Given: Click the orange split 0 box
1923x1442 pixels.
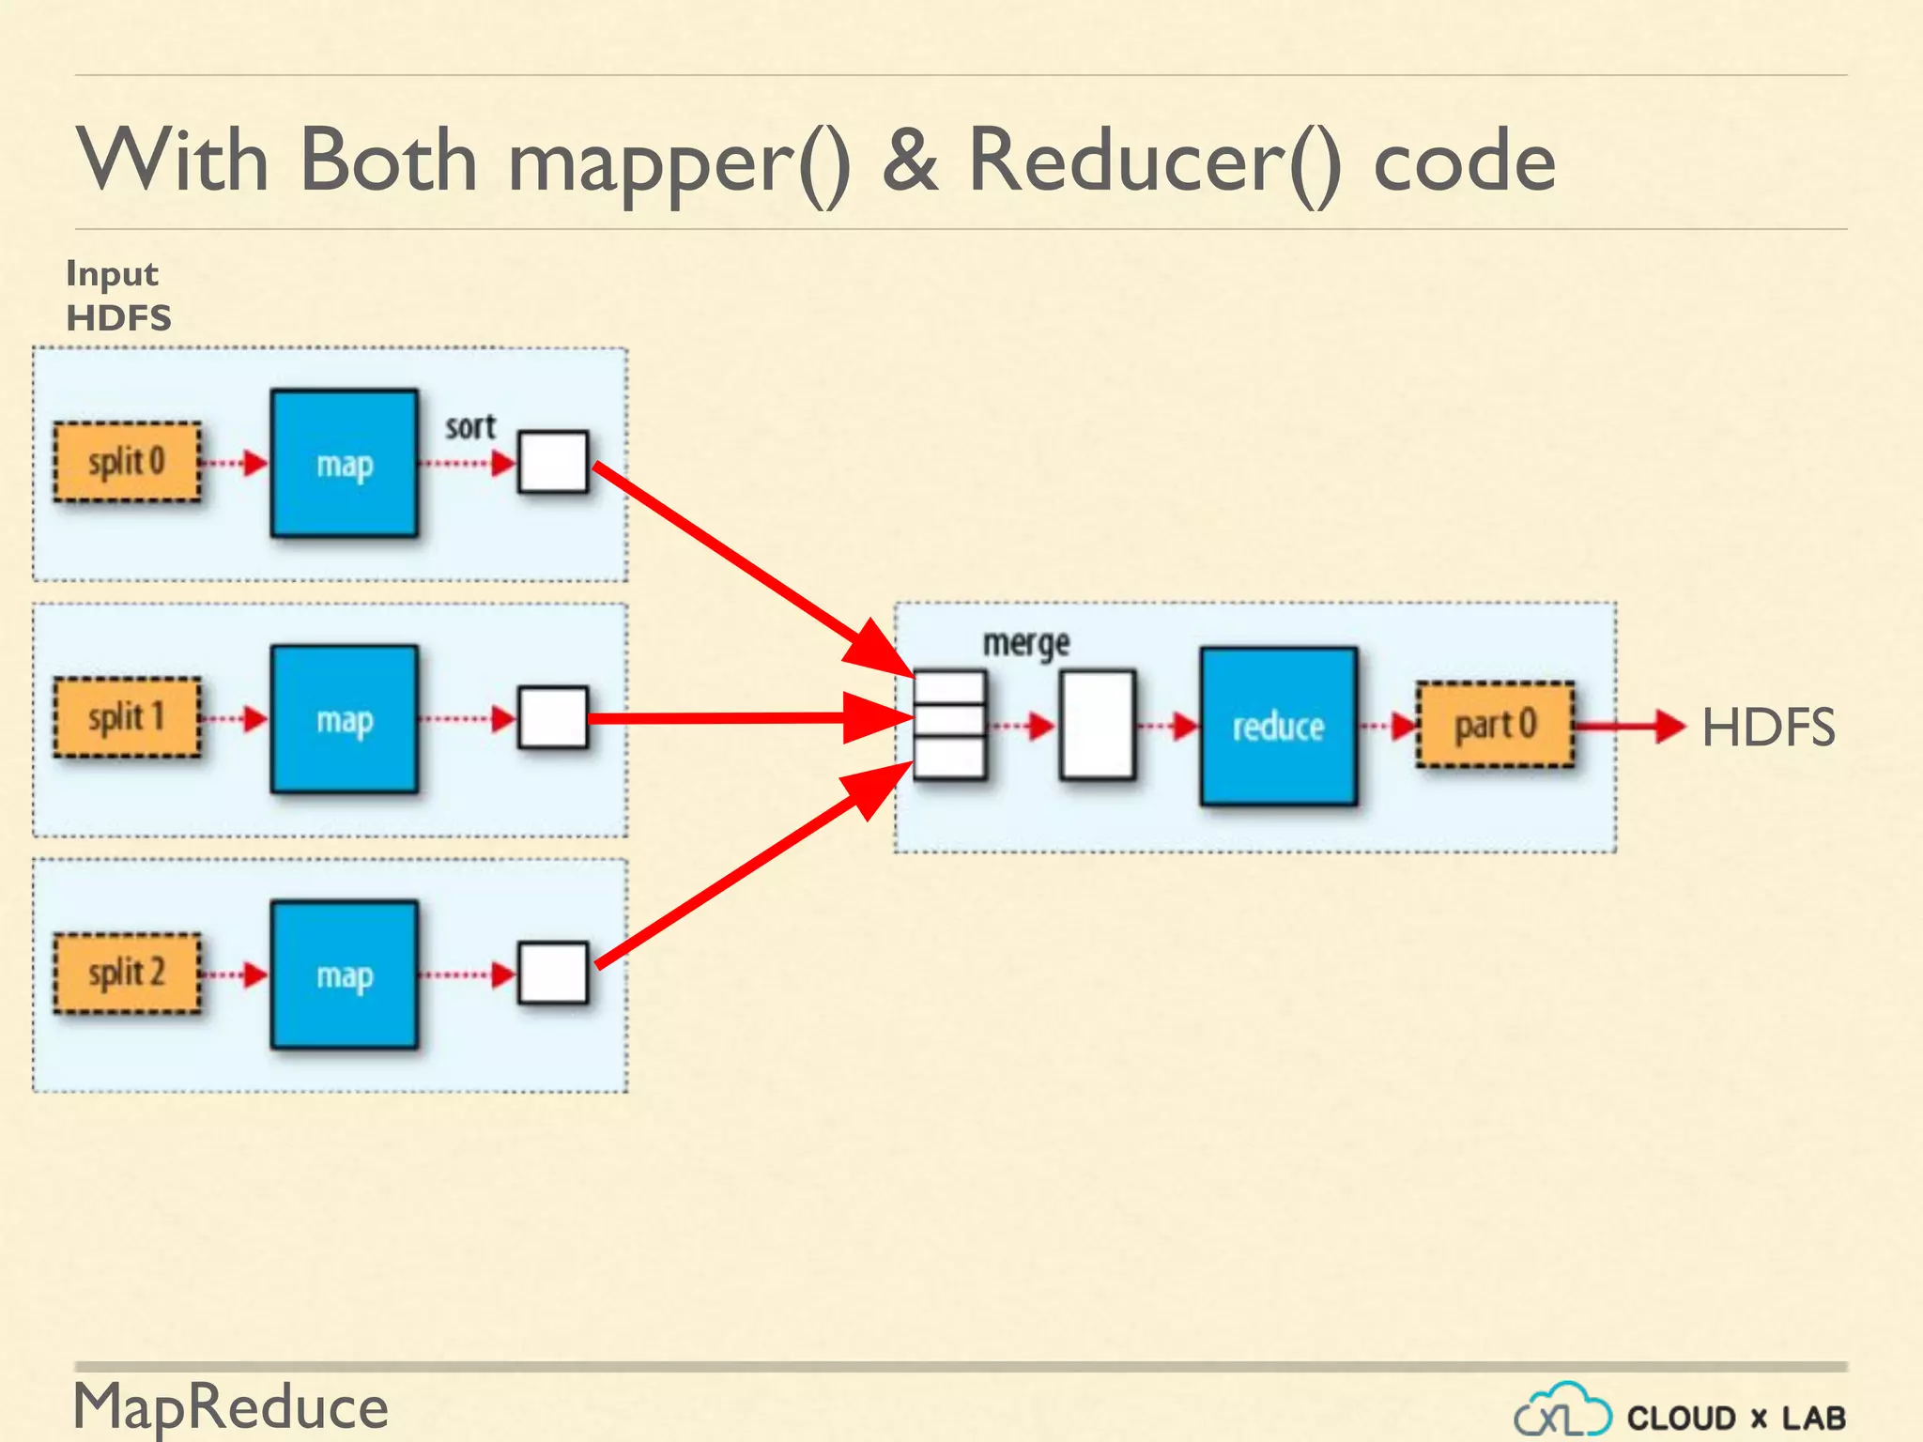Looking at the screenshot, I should click(127, 462).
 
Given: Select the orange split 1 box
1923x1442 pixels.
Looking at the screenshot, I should click(127, 718).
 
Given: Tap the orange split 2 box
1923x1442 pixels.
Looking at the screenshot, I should click(127, 974).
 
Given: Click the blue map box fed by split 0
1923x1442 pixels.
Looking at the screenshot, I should click(345, 464).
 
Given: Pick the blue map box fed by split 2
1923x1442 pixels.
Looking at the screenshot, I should click(345, 975).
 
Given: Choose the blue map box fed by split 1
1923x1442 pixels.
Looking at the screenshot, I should click(345, 720).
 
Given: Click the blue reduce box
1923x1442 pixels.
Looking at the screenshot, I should click(1278, 726).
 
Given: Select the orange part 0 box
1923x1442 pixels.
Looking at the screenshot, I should click(1495, 725).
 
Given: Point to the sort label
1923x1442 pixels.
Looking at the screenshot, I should click(469, 427).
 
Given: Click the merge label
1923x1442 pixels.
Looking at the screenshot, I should click(1025, 644).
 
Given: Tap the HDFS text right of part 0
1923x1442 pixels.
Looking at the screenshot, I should click(1767, 728).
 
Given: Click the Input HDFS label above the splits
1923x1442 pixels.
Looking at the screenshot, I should click(118, 296).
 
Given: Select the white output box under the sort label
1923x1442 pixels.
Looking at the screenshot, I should click(553, 462).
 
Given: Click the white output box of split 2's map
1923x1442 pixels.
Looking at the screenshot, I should click(553, 974).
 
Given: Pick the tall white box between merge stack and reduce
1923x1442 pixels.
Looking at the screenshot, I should click(1097, 725).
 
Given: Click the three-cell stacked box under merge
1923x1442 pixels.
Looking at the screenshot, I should click(949, 725).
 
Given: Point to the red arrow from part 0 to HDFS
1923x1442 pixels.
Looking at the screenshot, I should click(1629, 726).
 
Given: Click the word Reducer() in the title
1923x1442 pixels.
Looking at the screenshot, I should click(1154, 161).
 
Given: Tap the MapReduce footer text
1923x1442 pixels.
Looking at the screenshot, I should click(231, 1407).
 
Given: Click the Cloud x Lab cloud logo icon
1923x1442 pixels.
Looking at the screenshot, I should click(1561, 1411).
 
